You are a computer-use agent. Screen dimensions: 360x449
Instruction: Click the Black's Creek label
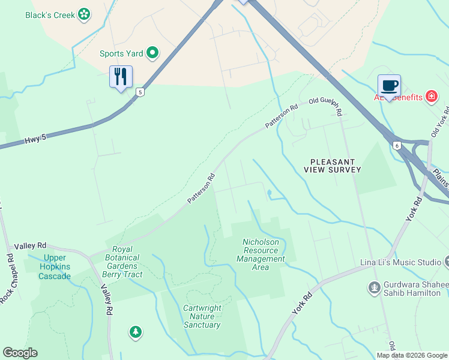pos(50,14)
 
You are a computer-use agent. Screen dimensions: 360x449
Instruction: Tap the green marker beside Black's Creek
pos(85,14)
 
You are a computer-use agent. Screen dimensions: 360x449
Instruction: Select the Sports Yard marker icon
pos(152,53)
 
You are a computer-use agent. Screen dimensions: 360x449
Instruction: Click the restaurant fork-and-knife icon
pos(121,77)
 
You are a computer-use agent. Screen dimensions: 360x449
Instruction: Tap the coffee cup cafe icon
pos(389,86)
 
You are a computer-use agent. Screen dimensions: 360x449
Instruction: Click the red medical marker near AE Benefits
pos(431,96)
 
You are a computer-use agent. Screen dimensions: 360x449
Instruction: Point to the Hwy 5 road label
pos(35,139)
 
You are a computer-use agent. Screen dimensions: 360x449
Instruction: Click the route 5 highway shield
pos(140,92)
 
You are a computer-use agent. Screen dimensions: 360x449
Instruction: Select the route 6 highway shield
pos(397,145)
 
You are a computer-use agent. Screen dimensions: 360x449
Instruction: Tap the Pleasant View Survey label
pos(336,166)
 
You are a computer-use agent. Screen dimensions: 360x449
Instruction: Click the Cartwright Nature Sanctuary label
pos(202,316)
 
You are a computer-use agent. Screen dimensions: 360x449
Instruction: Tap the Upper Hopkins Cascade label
pos(55,266)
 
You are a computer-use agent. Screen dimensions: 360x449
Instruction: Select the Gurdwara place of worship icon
pos(375,288)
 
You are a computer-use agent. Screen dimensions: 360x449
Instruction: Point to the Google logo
pos(20,353)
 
